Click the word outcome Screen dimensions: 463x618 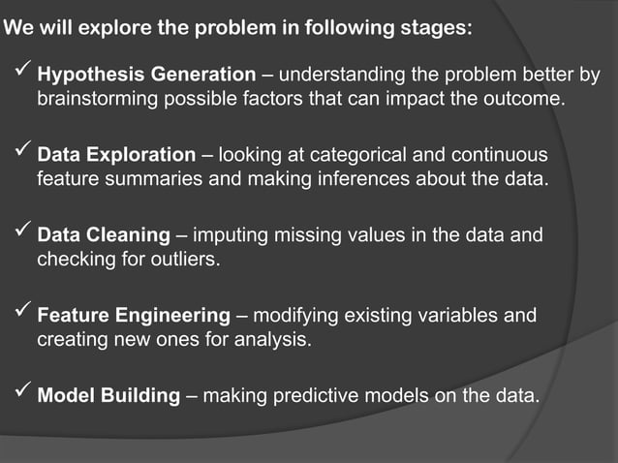[524, 99]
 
